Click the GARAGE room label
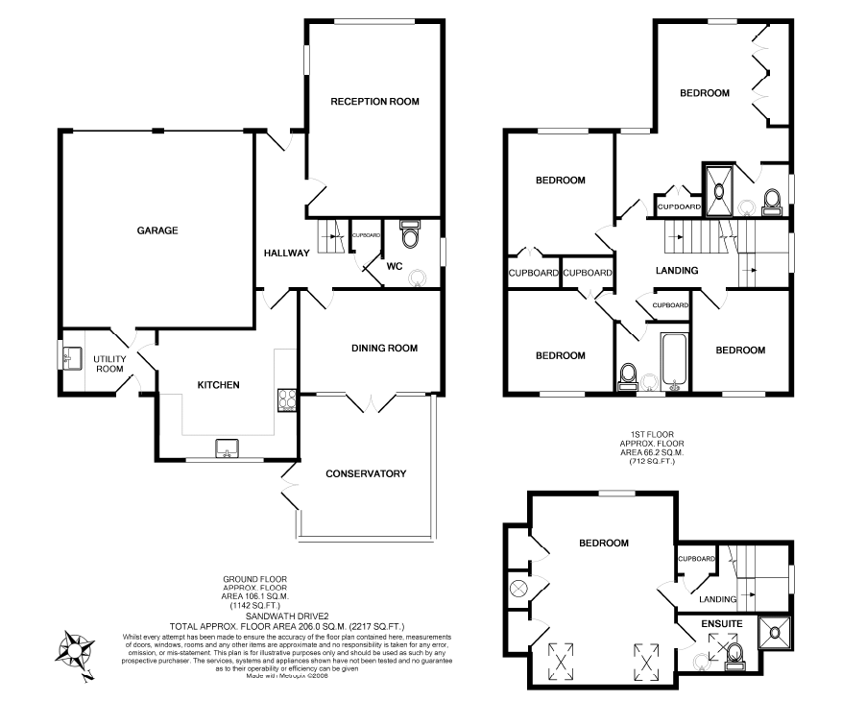[x=157, y=230]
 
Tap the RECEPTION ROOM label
[x=375, y=101]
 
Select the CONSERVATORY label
[x=365, y=473]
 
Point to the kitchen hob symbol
[x=286, y=399]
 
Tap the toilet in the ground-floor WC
[x=410, y=236]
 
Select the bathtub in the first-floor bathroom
[x=671, y=361]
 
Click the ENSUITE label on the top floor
[x=721, y=624]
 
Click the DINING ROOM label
[x=384, y=349]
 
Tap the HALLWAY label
[x=286, y=254]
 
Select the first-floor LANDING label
[x=676, y=271]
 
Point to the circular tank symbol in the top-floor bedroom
[x=519, y=588]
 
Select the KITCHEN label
[x=218, y=385]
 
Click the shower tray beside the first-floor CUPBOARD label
[x=718, y=181]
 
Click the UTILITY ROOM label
[x=108, y=363]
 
